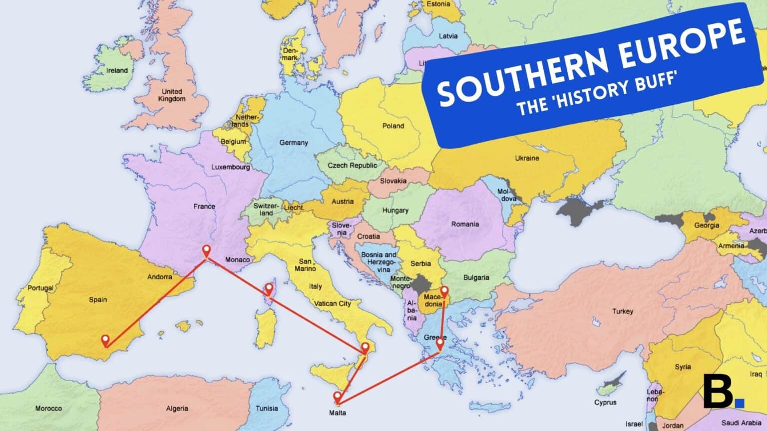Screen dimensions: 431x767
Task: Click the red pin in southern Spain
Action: (x=105, y=341)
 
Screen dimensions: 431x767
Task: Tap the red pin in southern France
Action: (x=206, y=251)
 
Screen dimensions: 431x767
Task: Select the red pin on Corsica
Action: (x=269, y=289)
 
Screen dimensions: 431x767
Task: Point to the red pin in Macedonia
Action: (x=444, y=292)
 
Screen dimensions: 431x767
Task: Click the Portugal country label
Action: (x=40, y=288)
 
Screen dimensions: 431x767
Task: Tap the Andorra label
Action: (x=160, y=277)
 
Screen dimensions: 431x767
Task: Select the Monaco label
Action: (x=237, y=260)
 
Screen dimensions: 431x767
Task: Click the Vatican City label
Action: (x=333, y=303)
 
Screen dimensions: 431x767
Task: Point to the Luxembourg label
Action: (x=230, y=167)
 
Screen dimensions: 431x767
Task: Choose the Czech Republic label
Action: (x=353, y=165)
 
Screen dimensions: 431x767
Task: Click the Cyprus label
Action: (x=605, y=403)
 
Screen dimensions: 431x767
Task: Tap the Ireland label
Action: (x=117, y=70)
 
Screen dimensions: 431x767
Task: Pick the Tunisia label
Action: (x=267, y=408)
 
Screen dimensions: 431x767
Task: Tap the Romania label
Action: (x=465, y=224)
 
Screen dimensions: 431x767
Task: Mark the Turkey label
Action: (x=623, y=311)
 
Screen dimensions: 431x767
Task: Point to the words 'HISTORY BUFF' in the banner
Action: (x=612, y=90)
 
